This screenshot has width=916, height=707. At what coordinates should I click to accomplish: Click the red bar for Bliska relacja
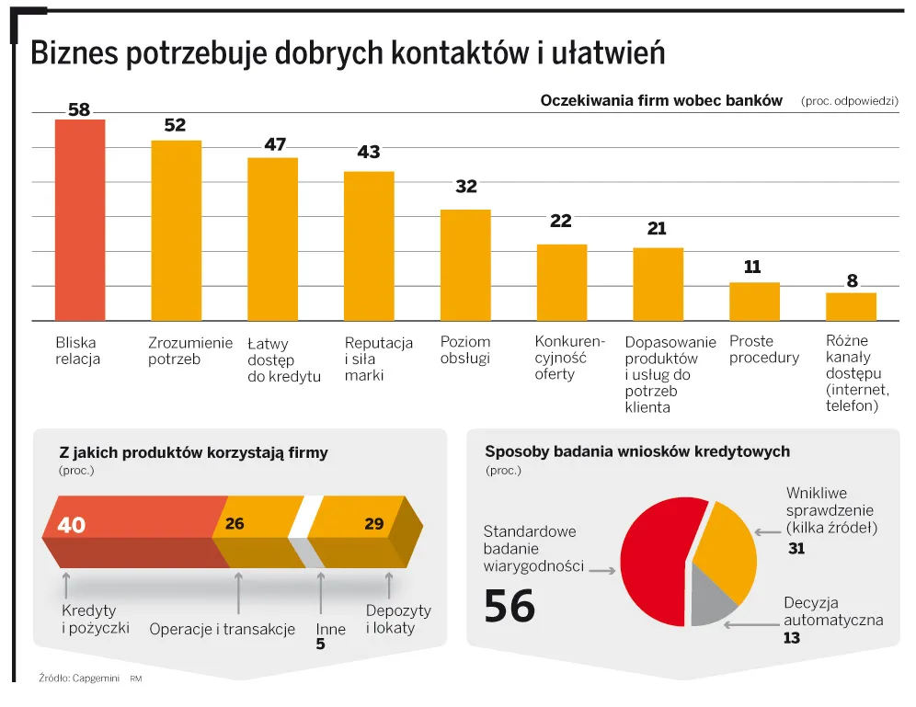click(80, 221)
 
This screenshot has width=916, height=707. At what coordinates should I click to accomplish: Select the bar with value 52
click(176, 231)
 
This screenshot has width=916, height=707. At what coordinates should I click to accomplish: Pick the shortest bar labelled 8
click(851, 306)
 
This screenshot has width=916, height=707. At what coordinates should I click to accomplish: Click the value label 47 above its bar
click(275, 144)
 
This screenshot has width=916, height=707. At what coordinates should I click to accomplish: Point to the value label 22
click(561, 221)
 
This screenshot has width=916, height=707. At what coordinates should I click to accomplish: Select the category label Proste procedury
click(763, 349)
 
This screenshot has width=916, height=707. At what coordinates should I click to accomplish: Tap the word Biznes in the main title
click(73, 54)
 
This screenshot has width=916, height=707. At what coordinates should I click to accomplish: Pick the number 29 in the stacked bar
click(373, 524)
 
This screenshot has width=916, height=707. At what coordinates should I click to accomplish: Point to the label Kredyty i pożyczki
click(95, 620)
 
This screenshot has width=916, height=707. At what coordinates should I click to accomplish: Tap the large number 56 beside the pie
click(510, 607)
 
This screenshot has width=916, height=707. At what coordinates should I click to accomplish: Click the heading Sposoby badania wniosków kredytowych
click(636, 451)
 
